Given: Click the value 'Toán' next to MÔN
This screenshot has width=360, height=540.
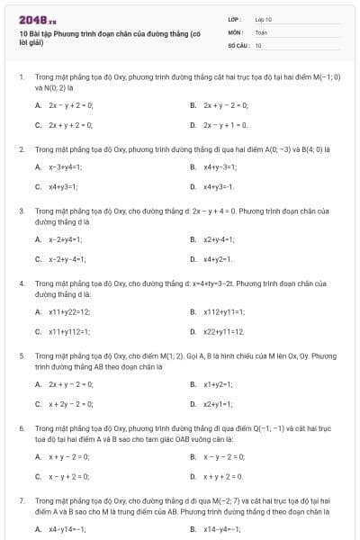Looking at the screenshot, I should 261,31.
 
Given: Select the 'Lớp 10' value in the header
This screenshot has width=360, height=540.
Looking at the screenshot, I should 263,19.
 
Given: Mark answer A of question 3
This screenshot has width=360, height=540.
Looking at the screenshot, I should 66,239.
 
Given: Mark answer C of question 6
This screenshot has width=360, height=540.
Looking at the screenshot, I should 68,476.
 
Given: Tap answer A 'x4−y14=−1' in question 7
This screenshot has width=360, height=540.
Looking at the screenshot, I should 67,529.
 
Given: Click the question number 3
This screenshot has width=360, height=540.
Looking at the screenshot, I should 22,210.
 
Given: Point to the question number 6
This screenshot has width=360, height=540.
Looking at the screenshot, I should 22,427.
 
